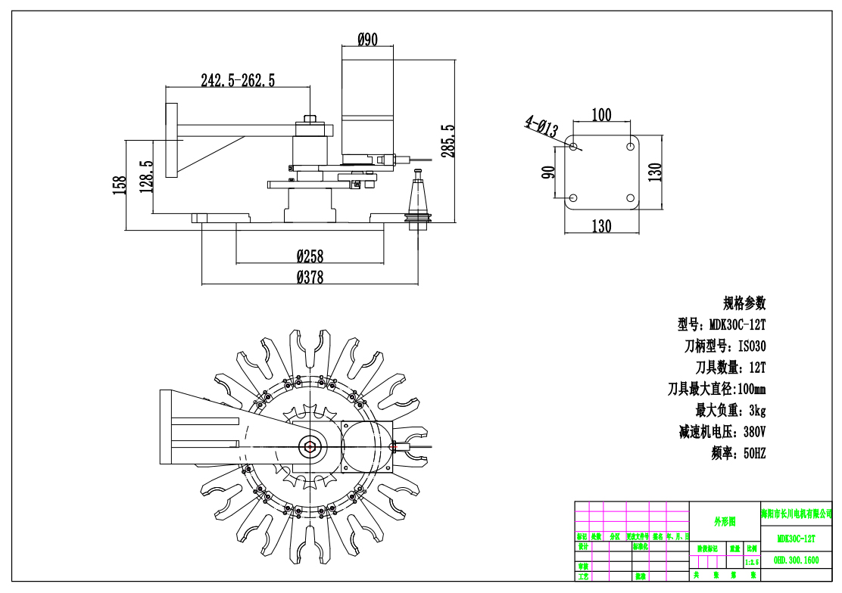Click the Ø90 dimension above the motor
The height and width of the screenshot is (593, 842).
[x=367, y=39]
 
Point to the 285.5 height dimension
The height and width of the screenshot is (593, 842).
[x=448, y=141]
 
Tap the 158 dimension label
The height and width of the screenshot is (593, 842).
[x=120, y=185]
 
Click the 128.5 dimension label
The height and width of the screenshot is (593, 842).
[x=147, y=176]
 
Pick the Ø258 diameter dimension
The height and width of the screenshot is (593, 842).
[x=310, y=256]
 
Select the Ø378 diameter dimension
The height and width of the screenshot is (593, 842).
[x=310, y=277]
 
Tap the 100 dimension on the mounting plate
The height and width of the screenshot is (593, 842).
[x=601, y=115]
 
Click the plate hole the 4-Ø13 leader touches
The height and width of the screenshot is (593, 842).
[x=573, y=145]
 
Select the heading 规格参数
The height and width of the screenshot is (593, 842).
[x=744, y=303]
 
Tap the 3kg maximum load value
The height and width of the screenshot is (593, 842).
[x=757, y=411]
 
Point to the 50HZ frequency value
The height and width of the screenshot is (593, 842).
[x=755, y=454]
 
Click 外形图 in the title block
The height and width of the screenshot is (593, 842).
[x=724, y=522]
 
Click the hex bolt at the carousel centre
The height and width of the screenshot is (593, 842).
[x=309, y=446]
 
